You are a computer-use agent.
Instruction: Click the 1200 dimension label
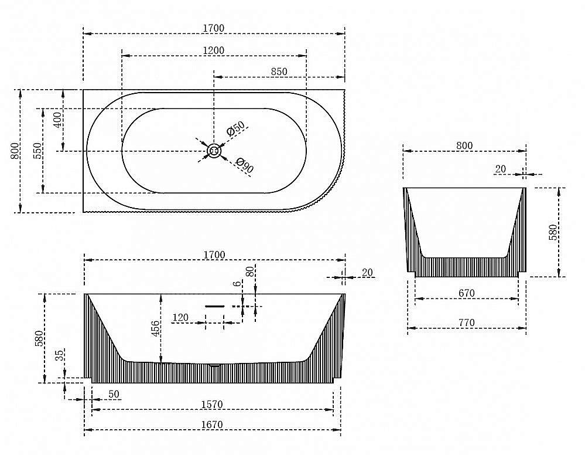[214, 50]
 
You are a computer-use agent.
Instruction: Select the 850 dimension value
[279, 71]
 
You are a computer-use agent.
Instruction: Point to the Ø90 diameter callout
[244, 166]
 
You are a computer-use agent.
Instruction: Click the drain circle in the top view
[214, 151]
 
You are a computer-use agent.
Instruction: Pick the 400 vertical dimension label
[57, 120]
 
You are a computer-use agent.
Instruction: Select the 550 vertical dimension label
[36, 151]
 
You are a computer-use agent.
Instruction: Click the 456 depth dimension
[154, 328]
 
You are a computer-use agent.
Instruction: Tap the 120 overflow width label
[180, 318]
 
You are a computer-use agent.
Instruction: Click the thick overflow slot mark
[215, 306]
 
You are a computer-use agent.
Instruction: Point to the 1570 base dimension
[213, 405]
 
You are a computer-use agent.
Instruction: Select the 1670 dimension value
[213, 425]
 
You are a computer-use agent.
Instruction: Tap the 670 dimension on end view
[466, 293]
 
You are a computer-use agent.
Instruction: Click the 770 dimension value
[466, 322]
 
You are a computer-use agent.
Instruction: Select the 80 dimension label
[250, 272]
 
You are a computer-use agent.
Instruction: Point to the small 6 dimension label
[236, 283]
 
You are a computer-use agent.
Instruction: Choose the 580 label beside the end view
[553, 233]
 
